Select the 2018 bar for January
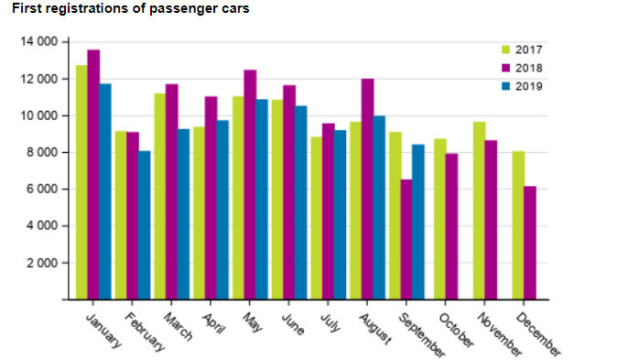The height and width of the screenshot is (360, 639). tap(93, 174)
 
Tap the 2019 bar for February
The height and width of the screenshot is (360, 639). tap(145, 224)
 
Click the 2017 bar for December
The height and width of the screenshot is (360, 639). tap(518, 225)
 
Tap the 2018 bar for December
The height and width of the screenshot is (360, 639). tap(530, 243)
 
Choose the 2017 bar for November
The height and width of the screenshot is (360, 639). tap(479, 211)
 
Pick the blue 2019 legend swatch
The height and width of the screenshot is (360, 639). tap(504, 86)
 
